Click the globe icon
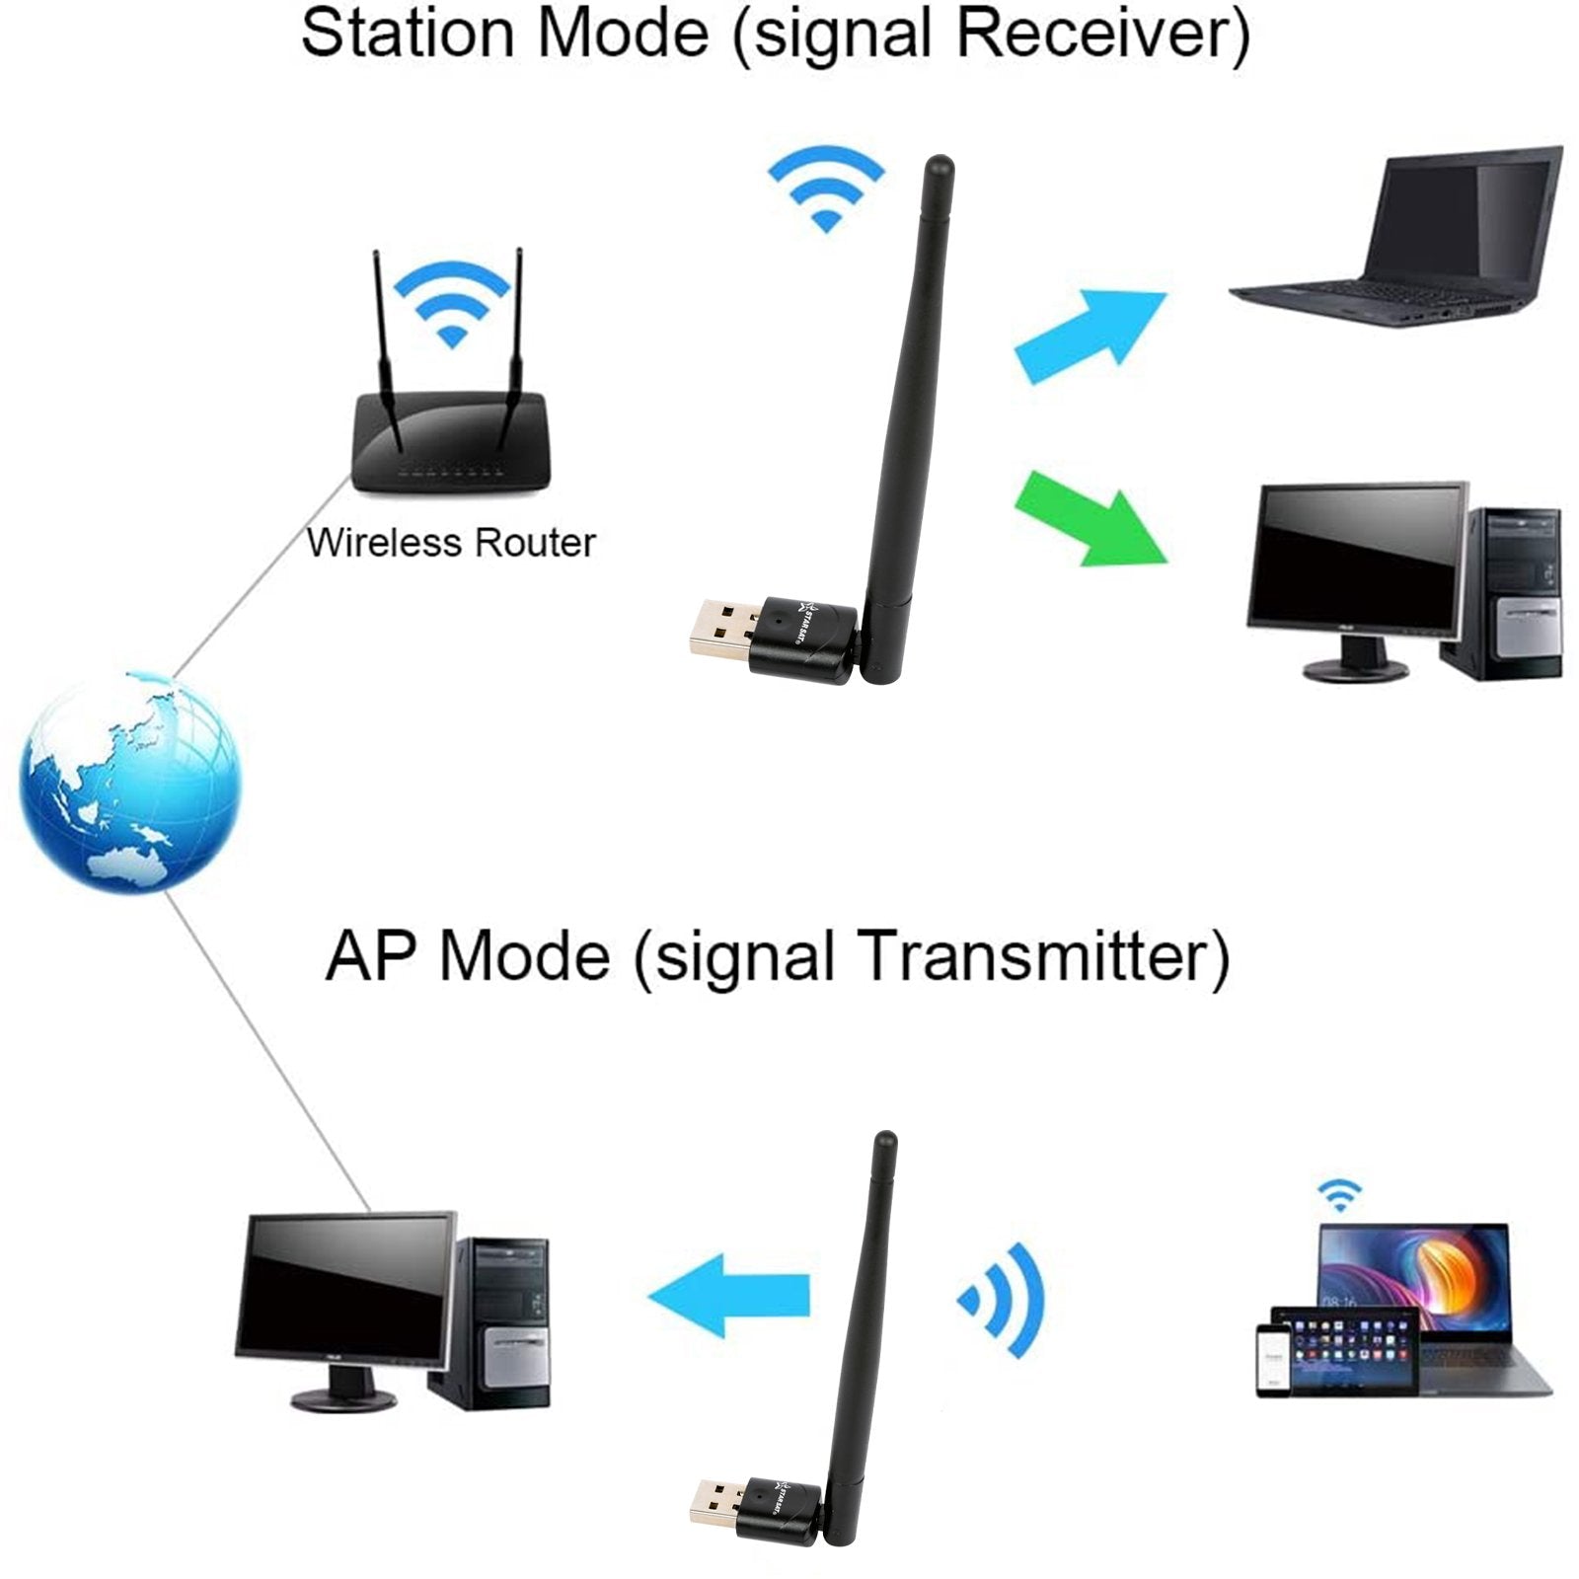pos(129,782)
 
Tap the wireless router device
pos(449,439)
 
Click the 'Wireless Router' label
pos(451,543)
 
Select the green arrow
pos(1090,518)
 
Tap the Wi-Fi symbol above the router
pos(452,302)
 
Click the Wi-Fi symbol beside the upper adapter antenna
pos(826,188)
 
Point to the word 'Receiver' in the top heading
pos(1103,34)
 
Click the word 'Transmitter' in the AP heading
pos(1044,956)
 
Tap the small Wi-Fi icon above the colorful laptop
pos(1339,1195)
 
